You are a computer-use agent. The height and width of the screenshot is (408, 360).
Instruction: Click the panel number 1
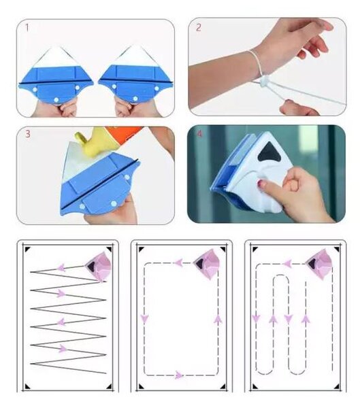pyautogui.click(x=27, y=28)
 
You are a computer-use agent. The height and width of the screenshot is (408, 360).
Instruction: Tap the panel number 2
pyautogui.click(x=199, y=27)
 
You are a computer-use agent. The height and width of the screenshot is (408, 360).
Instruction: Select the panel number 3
pyautogui.click(x=28, y=134)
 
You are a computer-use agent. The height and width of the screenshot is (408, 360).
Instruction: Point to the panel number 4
pyautogui.click(x=199, y=134)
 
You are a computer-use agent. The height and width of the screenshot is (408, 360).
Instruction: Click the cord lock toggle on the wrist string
pyautogui.click(x=264, y=80)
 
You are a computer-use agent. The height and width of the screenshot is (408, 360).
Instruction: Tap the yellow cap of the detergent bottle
pyautogui.click(x=88, y=143)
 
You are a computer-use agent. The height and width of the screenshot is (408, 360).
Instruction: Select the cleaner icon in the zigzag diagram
pyautogui.click(x=98, y=266)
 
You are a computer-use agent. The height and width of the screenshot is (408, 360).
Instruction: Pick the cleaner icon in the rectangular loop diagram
pyautogui.click(x=207, y=264)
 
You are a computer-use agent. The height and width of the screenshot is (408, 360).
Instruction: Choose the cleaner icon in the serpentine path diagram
pyautogui.click(x=319, y=264)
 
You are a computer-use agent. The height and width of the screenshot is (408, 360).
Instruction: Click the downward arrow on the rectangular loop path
pyautogui.click(x=144, y=318)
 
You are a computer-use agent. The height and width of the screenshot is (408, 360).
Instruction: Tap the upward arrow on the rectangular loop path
pyautogui.click(x=218, y=320)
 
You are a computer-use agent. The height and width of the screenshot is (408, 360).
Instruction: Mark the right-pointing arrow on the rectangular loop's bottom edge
pyautogui.click(x=179, y=375)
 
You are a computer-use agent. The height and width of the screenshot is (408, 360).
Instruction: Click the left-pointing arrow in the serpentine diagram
pyautogui.click(x=288, y=264)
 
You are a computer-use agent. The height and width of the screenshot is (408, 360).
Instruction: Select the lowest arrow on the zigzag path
pyautogui.click(x=63, y=348)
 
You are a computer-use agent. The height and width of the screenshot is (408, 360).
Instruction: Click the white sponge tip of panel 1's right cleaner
pyautogui.click(x=135, y=56)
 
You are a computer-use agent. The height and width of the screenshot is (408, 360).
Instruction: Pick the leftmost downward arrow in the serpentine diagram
pyautogui.click(x=257, y=318)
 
